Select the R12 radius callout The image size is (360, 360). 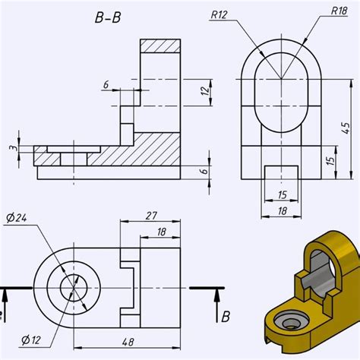(220, 14)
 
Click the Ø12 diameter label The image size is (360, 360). (30, 338)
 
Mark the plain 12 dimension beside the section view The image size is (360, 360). (204, 91)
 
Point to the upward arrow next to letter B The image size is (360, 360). (216, 300)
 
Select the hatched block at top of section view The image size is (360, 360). (160, 46)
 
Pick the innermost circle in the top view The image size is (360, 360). (74, 288)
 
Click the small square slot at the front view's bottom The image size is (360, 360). (279, 171)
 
